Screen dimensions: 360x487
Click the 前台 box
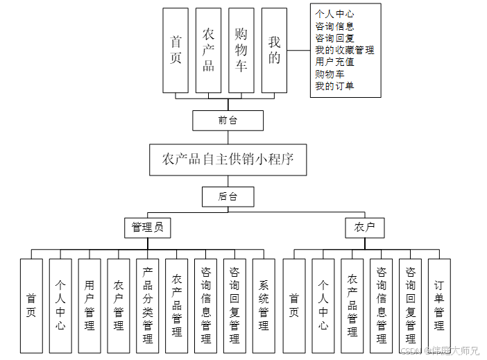tap(228, 121)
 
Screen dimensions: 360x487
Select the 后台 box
tap(228, 196)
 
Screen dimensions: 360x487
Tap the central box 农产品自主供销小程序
tap(228, 160)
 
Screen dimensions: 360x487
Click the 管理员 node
tap(147, 227)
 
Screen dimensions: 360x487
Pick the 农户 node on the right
tap(364, 227)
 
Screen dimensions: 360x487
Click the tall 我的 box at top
tap(274, 51)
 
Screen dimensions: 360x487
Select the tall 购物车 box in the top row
tap(241, 51)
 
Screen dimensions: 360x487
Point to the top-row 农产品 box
tap(208, 51)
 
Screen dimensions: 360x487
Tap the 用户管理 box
tap(89, 305)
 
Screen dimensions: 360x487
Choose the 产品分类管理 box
tap(147, 305)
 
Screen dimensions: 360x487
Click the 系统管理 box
tap(264, 305)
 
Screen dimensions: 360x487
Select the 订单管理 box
tap(439, 305)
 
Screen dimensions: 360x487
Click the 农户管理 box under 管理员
tap(119, 305)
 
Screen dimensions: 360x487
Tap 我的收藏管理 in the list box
tap(344, 50)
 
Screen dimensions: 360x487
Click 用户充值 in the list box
tap(334, 62)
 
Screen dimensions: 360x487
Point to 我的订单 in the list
tap(334, 86)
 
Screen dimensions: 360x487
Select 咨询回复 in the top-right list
tap(334, 38)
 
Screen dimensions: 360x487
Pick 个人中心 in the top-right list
tap(334, 14)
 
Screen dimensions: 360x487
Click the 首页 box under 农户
tap(294, 305)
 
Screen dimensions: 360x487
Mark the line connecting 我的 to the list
tap(298, 51)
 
